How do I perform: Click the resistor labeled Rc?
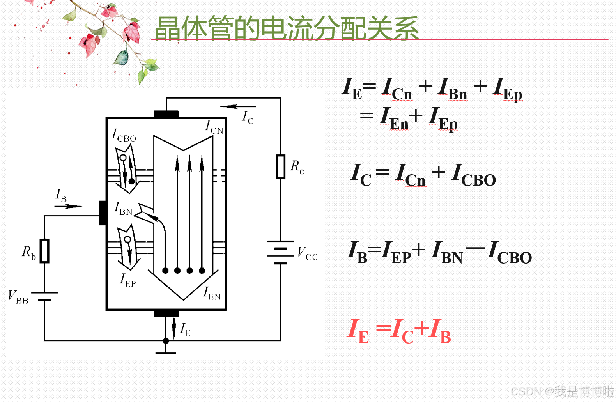281,166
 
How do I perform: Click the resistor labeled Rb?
45,251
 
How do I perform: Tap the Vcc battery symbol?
280,252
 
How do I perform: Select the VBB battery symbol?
45,296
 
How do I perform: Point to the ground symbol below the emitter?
166,352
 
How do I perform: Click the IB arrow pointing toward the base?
69,206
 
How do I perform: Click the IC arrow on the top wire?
238,106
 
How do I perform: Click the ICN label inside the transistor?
214,128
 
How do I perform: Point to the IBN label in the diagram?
124,209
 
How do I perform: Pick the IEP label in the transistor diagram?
128,280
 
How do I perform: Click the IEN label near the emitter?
212,293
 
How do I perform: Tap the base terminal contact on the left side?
103,213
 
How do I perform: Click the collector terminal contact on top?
166,114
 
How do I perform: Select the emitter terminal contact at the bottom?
166,313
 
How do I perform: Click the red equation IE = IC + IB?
399,331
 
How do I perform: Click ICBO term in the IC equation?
473,175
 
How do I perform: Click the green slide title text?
287,28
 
